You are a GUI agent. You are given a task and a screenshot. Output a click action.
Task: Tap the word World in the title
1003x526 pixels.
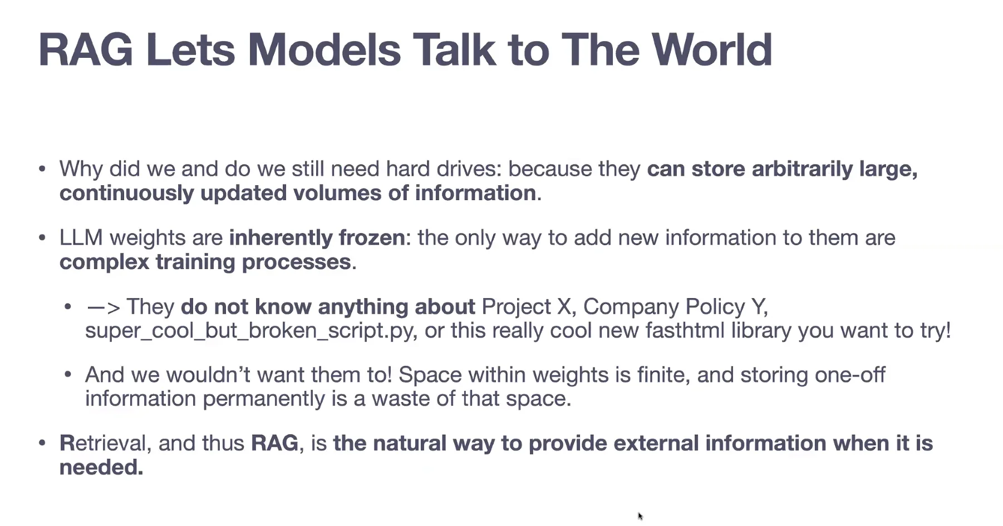(712, 50)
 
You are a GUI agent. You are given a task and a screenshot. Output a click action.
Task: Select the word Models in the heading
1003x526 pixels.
(324, 50)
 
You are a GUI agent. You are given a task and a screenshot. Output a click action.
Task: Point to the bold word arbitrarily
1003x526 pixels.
(802, 169)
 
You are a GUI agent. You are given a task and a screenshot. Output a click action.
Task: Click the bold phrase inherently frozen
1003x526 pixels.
(317, 238)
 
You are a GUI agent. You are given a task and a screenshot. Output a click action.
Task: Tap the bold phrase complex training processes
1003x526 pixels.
(205, 262)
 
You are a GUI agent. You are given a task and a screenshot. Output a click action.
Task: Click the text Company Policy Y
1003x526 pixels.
(675, 307)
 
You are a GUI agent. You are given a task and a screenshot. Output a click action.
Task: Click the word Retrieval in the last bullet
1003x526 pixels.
(103, 444)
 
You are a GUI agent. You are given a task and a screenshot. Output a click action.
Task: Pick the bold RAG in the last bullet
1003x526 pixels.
(274, 444)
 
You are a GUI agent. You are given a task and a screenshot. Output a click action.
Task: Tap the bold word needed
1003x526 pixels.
(101, 468)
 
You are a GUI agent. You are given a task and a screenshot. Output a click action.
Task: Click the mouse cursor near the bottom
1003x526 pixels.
(640, 517)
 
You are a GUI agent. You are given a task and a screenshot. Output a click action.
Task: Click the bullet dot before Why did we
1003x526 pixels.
(42, 169)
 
